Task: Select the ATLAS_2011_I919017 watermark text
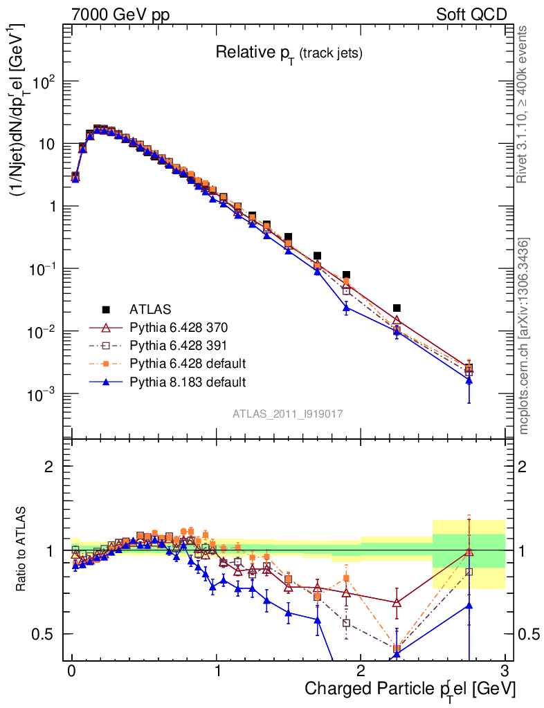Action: pos(288,413)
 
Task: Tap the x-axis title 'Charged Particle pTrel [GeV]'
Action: pos(410,689)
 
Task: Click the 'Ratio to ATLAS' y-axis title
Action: pos(23,550)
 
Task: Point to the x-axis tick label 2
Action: pos(361,671)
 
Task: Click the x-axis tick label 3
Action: pos(505,671)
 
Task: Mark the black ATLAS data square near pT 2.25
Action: pos(397,308)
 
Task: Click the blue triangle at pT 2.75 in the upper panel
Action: pos(469,380)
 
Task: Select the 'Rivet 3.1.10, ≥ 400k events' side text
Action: pos(523,104)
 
